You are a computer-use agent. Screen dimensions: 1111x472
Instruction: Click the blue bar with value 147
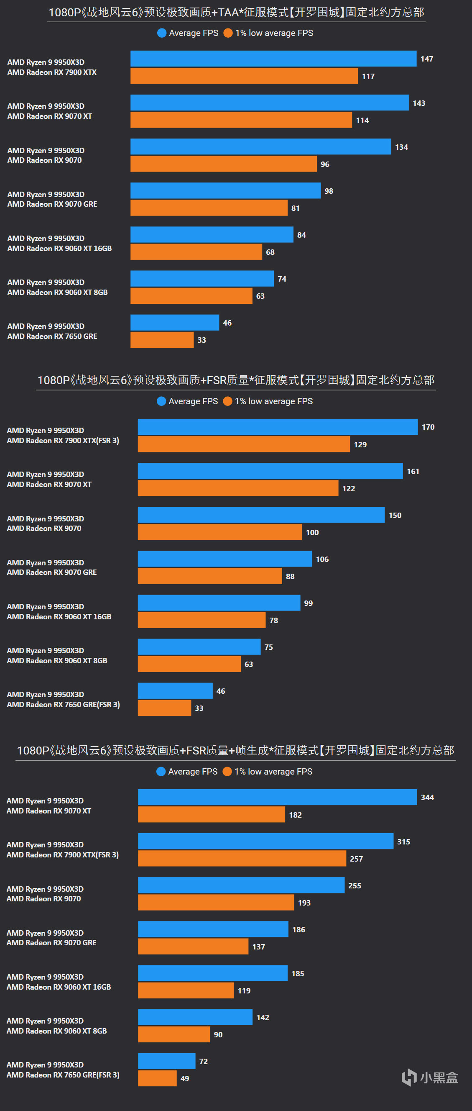(x=273, y=59)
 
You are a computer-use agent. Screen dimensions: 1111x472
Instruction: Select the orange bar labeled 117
(x=244, y=76)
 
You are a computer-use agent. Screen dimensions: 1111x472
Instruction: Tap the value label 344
(x=427, y=798)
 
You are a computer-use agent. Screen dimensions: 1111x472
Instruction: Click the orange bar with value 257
(x=242, y=858)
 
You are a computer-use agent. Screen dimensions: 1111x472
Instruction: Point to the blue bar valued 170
(x=278, y=427)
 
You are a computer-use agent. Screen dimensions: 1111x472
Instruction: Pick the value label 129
(x=360, y=445)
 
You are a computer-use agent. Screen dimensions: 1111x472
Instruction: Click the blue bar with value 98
(x=225, y=191)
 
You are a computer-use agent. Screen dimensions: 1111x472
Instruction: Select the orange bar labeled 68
(x=196, y=252)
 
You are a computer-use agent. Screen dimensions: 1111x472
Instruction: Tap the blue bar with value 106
(x=225, y=559)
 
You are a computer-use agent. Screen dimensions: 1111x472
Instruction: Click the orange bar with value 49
(x=157, y=1078)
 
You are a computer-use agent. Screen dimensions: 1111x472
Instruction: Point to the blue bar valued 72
(x=166, y=1061)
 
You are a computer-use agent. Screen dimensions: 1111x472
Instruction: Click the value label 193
(x=304, y=903)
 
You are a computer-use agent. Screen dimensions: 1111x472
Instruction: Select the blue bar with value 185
(x=212, y=973)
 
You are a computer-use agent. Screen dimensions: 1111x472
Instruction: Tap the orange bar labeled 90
(x=174, y=1034)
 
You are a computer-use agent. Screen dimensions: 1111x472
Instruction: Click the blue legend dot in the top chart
(x=162, y=33)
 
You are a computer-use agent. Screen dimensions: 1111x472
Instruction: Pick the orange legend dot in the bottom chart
(x=227, y=772)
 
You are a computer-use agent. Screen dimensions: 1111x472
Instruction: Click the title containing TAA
(x=236, y=13)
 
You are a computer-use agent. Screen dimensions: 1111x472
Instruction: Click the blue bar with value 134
(x=261, y=146)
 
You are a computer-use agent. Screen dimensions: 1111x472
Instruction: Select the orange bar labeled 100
(x=220, y=532)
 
